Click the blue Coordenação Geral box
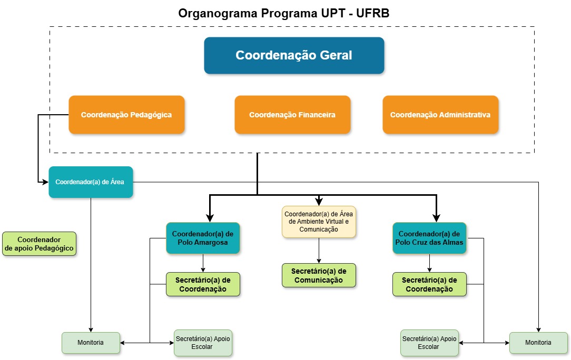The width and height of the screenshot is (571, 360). coord(294,55)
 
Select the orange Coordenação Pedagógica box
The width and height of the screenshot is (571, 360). coord(126,114)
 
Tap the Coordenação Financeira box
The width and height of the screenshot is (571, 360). coord(292,114)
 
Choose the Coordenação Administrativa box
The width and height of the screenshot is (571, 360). coord(440,114)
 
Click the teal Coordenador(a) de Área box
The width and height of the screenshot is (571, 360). coord(91,182)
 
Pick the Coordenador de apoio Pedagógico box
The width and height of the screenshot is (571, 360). coord(39,244)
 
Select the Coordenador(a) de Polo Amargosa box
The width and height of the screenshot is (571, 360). coord(203,238)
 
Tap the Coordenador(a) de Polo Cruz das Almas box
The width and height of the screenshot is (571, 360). coord(429,238)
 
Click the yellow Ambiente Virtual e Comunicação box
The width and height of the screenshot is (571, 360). coord(319,221)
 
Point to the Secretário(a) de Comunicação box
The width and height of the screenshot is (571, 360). coord(319,275)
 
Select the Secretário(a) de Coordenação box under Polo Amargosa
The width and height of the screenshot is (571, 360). coord(203,284)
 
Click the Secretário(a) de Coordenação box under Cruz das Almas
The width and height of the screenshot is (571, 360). coord(429,284)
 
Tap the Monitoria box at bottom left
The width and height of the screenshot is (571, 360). coord(91,343)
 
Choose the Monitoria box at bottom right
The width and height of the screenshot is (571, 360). coord(538,343)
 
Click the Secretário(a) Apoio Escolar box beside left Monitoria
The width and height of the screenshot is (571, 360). coord(203,343)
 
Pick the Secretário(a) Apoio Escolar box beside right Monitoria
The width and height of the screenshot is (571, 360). coord(429,343)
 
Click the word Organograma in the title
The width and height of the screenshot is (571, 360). coord(213,13)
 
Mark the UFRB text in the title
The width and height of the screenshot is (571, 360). coord(373,13)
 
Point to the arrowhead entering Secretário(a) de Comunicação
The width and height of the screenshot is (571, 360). coord(319,261)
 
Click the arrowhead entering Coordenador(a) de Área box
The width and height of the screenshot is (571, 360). coord(46,182)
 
